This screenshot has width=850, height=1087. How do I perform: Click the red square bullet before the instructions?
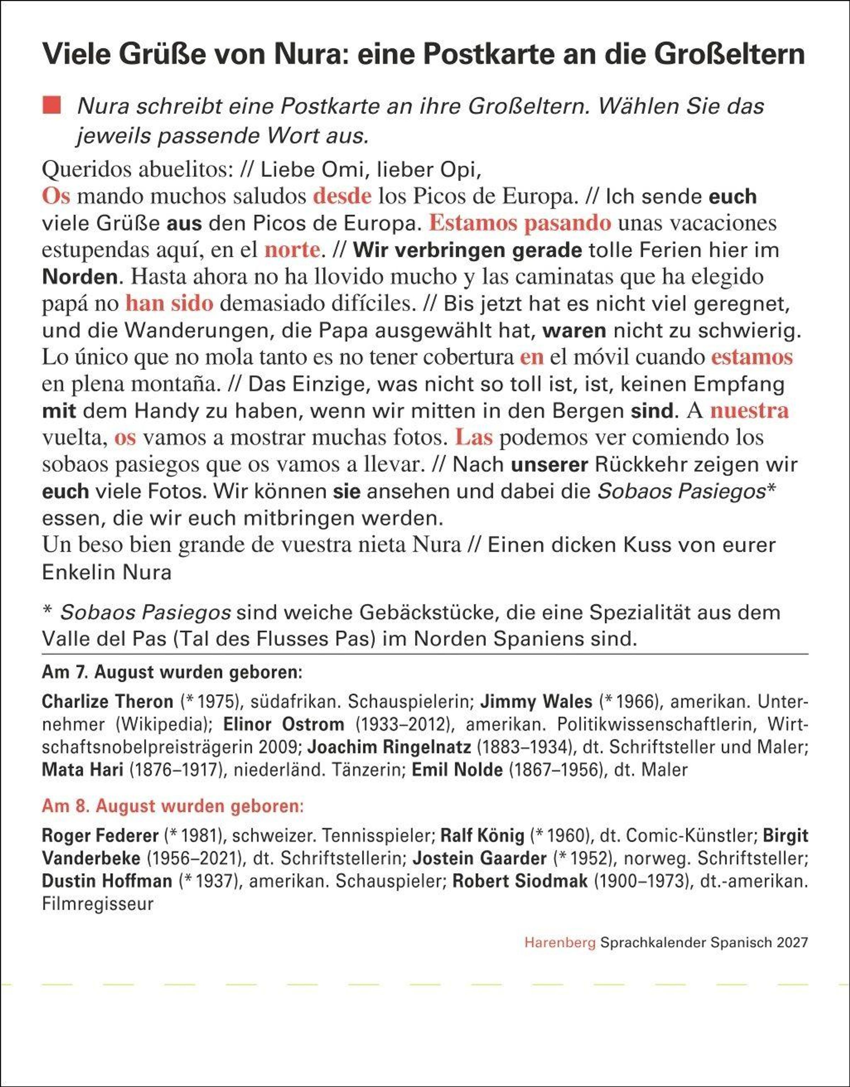tap(51, 106)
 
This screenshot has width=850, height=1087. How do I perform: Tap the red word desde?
tap(342, 196)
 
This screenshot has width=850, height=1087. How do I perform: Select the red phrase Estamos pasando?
tap(520, 223)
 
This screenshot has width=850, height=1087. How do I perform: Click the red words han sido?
tap(169, 303)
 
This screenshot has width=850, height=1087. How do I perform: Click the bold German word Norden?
tap(80, 277)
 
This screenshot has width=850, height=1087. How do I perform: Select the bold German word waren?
tap(574, 330)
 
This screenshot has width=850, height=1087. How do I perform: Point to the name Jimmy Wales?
tap(536, 701)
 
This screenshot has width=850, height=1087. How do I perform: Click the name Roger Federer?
tap(100, 835)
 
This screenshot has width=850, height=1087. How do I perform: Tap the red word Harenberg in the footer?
tap(560, 942)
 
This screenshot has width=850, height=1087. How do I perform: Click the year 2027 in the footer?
tap(793, 942)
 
